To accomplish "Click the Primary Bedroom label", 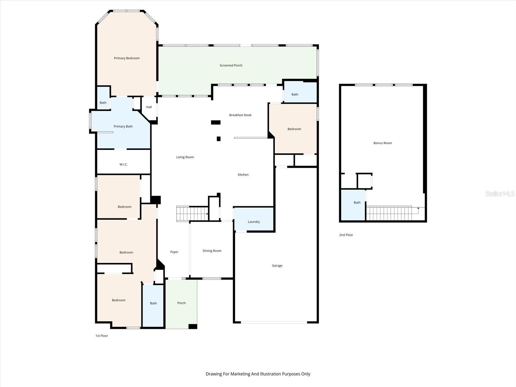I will tap(126, 58).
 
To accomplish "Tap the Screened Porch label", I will tap(231, 65).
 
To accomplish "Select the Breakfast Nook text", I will tap(240, 115).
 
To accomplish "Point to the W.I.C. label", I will tap(124, 164).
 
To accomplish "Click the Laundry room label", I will tap(254, 222).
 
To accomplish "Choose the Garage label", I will tap(277, 266).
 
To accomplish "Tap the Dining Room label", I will tap(212, 251).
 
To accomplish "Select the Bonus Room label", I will tap(382, 143).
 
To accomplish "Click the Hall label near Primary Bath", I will tap(149, 107).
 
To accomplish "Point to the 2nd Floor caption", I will tap(346, 235).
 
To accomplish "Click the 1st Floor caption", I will tap(102, 336).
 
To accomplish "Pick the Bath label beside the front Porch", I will tap(154, 303).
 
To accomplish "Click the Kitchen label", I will tap(243, 175).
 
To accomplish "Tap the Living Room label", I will tap(185, 157).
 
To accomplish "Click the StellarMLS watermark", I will tap(500, 194).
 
